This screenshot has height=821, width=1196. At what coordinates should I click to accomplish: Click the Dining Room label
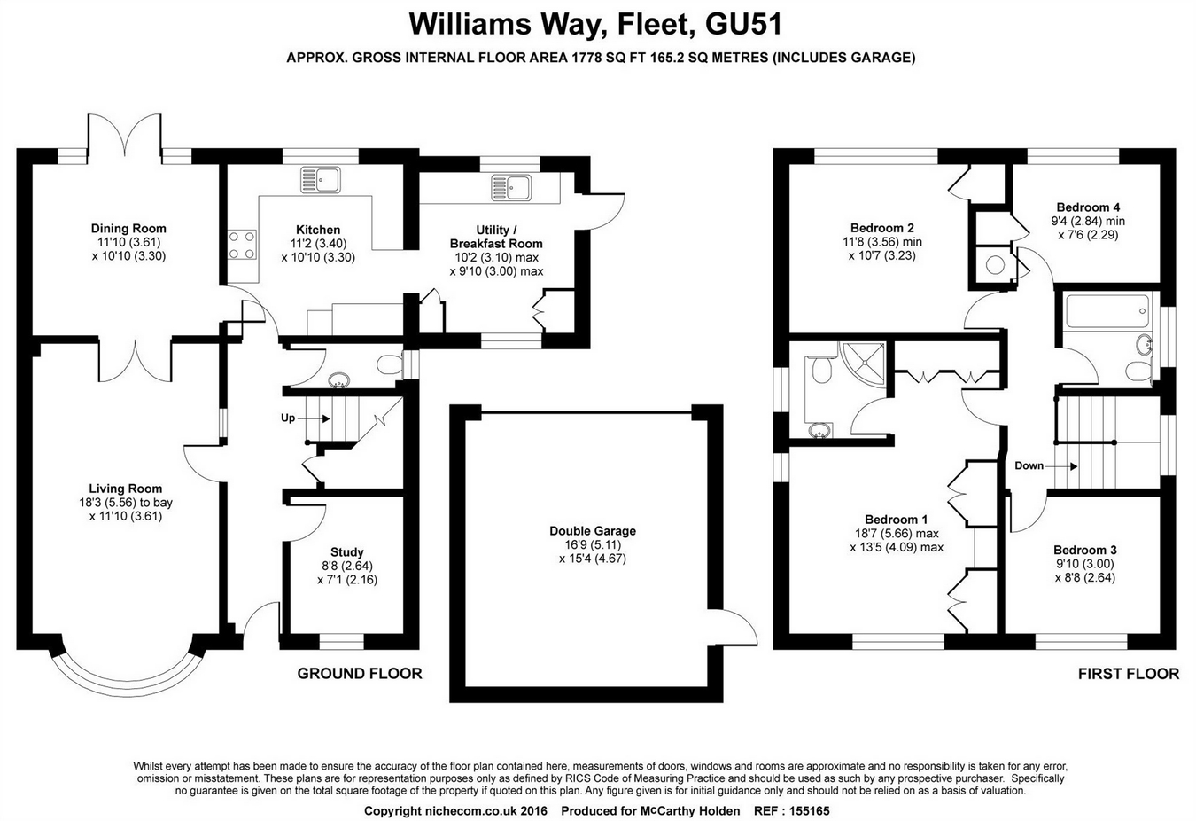pyautogui.click(x=128, y=229)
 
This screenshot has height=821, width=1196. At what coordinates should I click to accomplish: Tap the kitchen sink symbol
pyautogui.click(x=320, y=178)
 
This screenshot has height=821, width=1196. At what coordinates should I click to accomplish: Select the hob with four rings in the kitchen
pyautogui.click(x=243, y=245)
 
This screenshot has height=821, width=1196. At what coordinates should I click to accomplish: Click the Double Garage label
pyautogui.click(x=593, y=531)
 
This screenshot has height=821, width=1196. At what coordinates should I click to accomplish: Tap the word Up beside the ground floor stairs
pyautogui.click(x=288, y=418)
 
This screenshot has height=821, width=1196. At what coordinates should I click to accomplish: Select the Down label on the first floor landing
pyautogui.click(x=1029, y=465)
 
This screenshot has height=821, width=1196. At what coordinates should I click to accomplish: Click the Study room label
pyautogui.click(x=346, y=551)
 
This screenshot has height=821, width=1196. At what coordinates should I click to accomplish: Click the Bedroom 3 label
pyautogui.click(x=1084, y=550)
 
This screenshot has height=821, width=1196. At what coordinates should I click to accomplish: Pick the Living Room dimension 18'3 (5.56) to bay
pyautogui.click(x=125, y=502)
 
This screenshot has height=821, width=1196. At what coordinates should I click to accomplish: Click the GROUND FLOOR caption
pyautogui.click(x=359, y=674)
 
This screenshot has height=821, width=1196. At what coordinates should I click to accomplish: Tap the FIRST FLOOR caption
pyautogui.click(x=1128, y=674)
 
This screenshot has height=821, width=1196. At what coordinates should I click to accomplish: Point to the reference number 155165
pyautogui.click(x=804, y=810)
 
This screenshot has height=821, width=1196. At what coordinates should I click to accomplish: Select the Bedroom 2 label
pyautogui.click(x=881, y=228)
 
